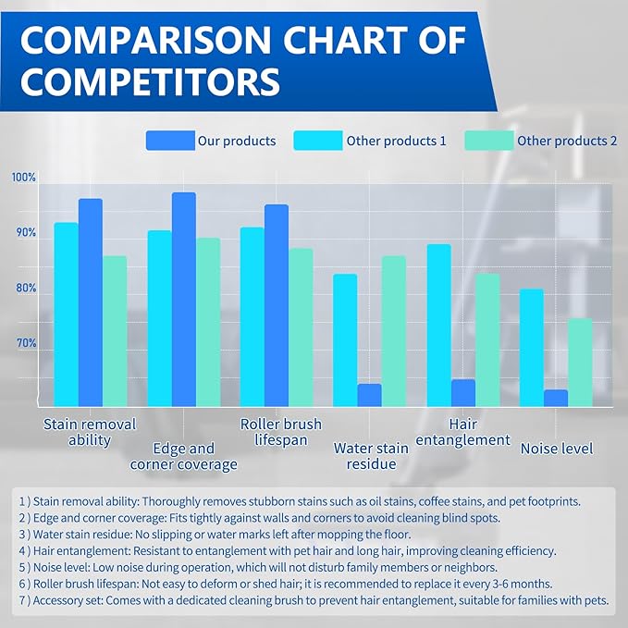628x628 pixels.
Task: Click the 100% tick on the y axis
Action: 24,177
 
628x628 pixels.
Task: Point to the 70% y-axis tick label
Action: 24,343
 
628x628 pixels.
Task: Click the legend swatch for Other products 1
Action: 317,141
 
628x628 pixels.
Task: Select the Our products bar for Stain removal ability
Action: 91,302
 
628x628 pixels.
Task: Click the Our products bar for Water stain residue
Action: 369,395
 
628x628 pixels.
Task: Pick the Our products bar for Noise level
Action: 556,398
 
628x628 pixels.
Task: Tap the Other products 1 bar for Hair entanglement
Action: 438,325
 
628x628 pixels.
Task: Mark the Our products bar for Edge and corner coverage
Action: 184,299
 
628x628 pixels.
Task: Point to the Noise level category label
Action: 557,449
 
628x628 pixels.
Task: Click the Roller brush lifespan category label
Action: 281,432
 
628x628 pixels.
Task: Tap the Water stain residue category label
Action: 371,456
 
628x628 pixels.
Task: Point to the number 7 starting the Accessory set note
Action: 23,600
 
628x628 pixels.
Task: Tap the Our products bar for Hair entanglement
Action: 463,392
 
